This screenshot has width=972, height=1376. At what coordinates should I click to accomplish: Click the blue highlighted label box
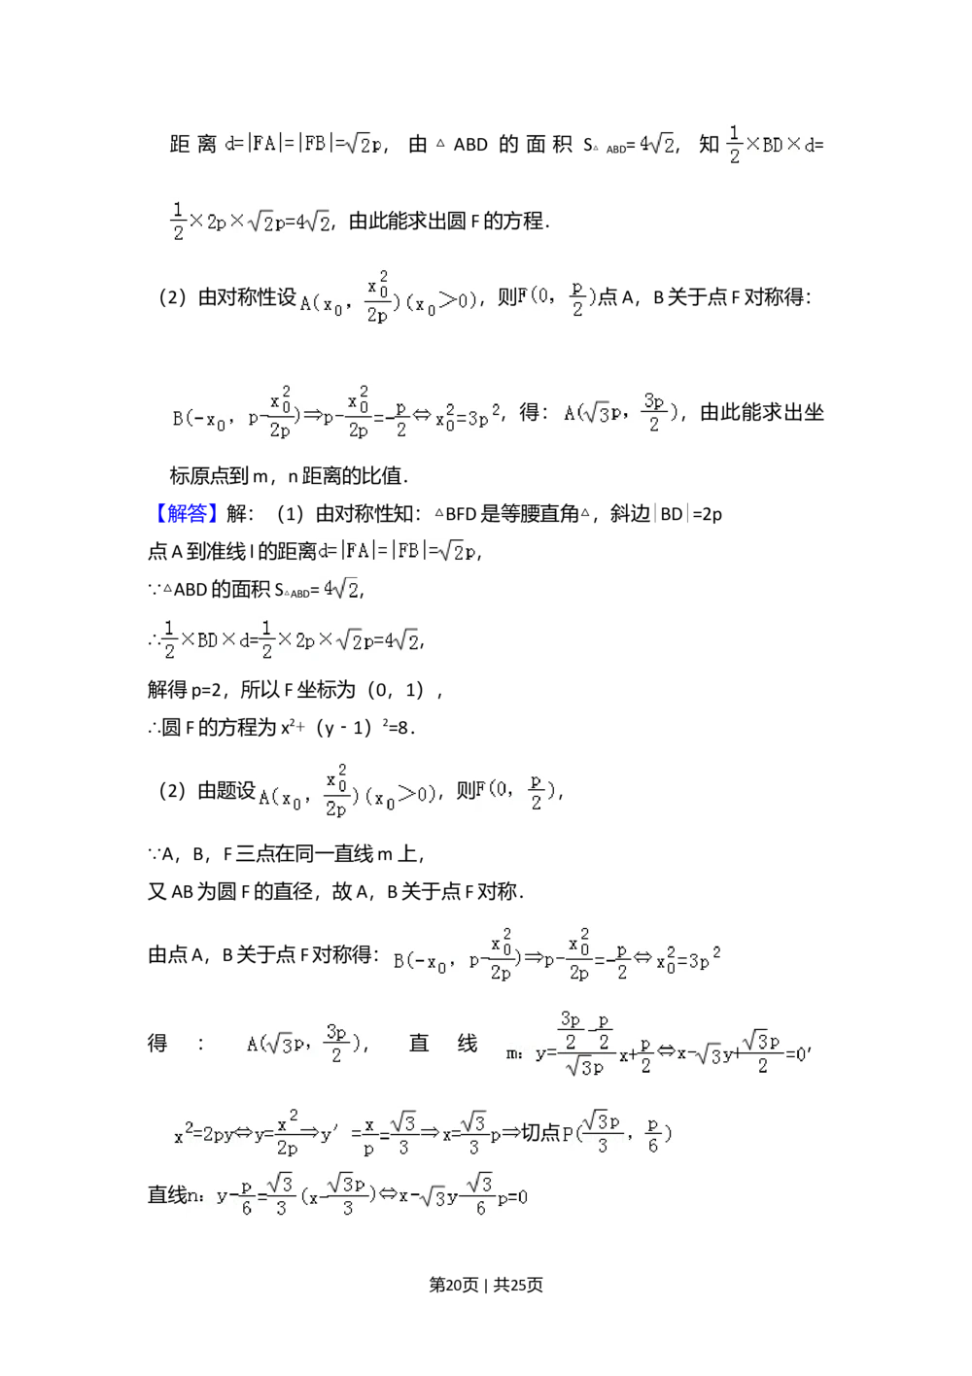186,513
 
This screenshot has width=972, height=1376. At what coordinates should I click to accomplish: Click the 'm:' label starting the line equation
513,1052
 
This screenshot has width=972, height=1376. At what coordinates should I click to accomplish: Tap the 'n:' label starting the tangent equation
193,1196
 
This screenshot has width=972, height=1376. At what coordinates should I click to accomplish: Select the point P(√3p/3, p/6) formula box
613,1131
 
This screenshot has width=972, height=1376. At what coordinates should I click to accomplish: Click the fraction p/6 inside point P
652,1134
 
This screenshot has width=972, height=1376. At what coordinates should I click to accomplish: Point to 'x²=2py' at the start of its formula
203,1134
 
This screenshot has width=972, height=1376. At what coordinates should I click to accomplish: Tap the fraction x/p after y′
369,1134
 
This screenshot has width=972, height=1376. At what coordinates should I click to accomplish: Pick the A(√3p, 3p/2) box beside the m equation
303,1043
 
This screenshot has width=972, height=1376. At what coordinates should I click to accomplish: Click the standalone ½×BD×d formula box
769,144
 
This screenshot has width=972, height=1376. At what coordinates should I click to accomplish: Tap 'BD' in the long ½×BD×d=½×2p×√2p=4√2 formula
207,640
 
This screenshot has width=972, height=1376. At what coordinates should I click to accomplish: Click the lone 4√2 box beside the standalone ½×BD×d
653,144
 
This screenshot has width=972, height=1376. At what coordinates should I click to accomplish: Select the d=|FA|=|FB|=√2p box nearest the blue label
398,551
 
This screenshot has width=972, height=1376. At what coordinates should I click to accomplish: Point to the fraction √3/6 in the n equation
479,1194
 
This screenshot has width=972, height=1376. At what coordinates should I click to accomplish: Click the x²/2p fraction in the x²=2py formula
287,1134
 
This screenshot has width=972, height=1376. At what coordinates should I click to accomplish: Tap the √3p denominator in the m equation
584,1066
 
